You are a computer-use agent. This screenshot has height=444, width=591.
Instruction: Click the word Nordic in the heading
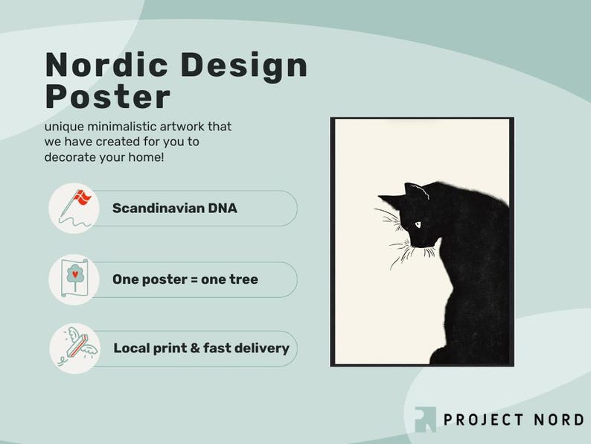pos(106,65)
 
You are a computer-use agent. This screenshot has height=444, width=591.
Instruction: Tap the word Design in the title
pos(244,67)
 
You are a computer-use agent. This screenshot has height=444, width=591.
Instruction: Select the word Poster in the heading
pos(108,97)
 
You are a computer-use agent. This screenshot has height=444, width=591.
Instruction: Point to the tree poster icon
pos(74,278)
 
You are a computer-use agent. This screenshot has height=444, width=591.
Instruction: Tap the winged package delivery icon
pos(77,346)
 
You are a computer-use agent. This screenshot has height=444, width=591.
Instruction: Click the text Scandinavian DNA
pos(174,209)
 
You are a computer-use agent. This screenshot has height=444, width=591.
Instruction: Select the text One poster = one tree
pos(185,279)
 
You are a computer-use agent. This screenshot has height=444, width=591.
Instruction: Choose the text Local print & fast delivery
pos(201,348)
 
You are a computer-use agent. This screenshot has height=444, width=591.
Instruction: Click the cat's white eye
pos(418,225)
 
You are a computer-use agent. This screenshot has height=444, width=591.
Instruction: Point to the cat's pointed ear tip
pos(379,196)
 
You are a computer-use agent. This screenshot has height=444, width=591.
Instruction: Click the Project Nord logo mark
pos(425,419)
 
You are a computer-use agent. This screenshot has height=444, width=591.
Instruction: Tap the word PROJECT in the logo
pos(484,419)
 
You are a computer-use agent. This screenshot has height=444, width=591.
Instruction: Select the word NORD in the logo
pos(558,419)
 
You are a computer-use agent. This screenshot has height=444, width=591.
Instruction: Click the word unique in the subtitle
pos(64,127)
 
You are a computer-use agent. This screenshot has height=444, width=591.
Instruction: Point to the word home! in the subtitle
pos(146,156)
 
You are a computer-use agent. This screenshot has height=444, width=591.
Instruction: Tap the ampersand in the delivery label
pos(195,348)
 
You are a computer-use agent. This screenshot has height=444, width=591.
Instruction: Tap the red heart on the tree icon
pos(75,274)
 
